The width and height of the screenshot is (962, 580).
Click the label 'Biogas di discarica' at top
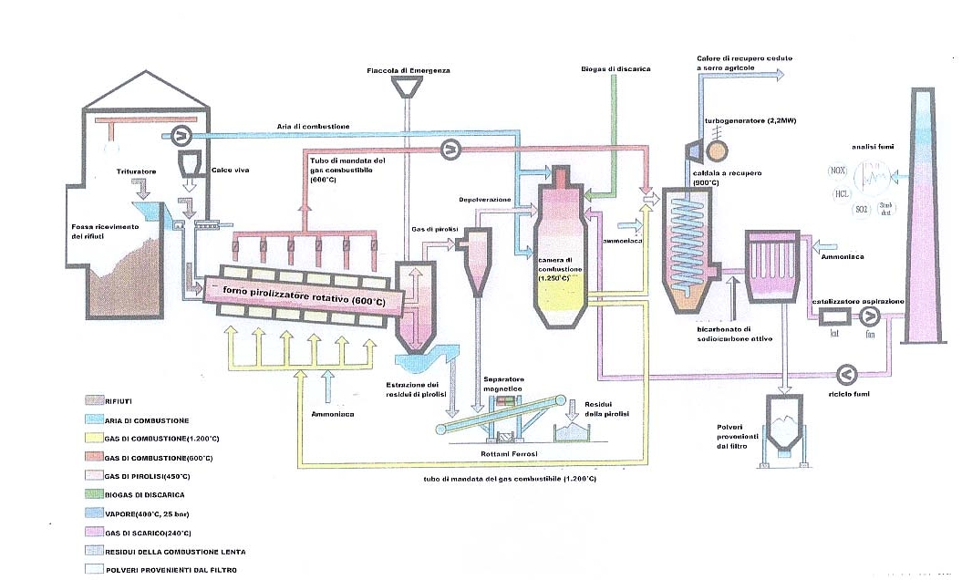pos(615,69)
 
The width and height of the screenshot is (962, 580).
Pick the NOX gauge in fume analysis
pos(838,171)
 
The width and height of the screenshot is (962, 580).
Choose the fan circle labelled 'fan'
pos(871,316)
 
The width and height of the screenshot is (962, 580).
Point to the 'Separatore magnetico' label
pos(502,384)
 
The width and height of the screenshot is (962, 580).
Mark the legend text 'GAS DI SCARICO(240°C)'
pos(155,533)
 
